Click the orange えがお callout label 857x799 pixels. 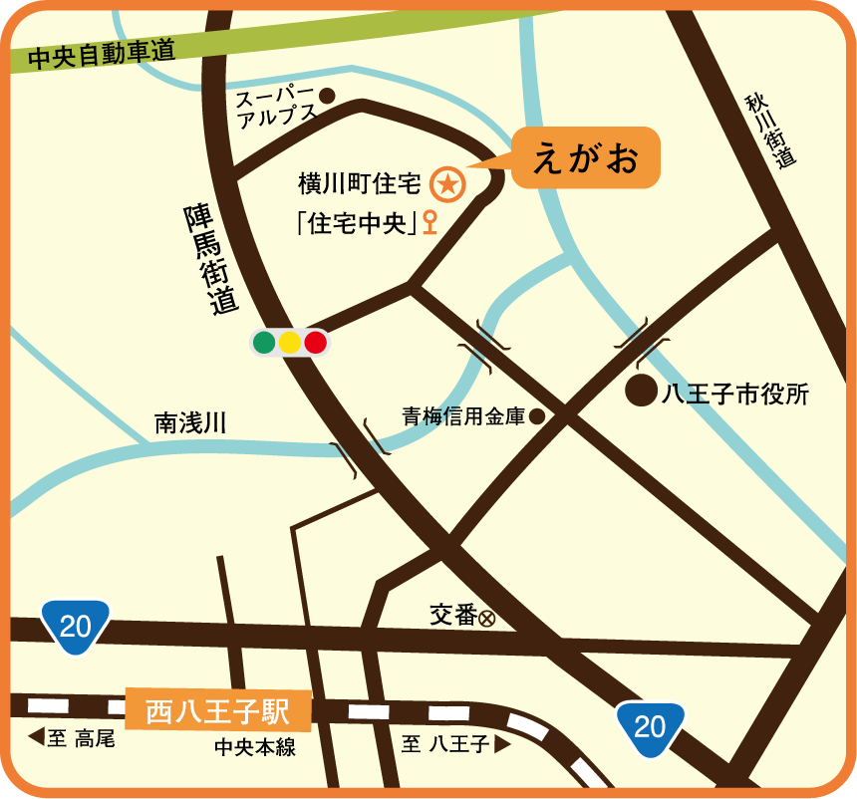coord(585,157)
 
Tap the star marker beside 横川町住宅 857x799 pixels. coord(447,183)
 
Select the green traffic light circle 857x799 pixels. coord(264,343)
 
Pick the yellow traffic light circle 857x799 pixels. coord(290,343)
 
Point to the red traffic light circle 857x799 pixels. coord(316,343)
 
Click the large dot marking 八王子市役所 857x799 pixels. coord(641,392)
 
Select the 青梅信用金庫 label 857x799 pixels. coord(463,417)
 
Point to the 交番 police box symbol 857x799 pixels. coord(487,618)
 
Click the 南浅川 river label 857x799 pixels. coord(190,423)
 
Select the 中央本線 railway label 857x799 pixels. coord(255,746)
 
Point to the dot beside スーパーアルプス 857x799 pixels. coord(327,96)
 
